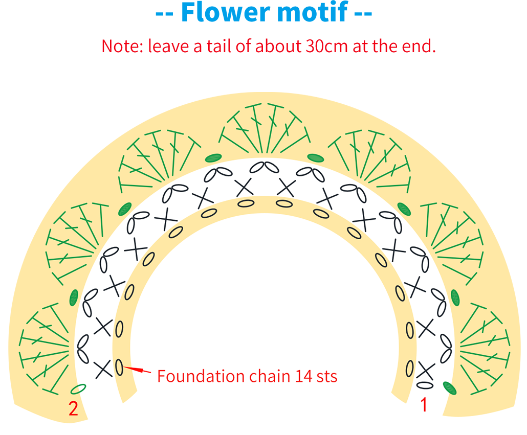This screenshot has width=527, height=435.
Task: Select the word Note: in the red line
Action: [x=122, y=46]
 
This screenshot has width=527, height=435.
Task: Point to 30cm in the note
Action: [x=326, y=46]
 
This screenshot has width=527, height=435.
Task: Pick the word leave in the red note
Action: [x=168, y=46]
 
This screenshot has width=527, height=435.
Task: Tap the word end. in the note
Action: [x=419, y=46]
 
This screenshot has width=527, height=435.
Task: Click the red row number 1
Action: [x=424, y=405]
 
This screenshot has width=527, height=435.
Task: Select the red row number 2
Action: [x=73, y=408]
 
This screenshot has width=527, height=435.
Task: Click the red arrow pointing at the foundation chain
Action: [x=138, y=370]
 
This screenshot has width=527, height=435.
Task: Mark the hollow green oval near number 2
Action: [x=78, y=389]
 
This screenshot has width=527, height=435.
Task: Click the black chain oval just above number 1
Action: [x=425, y=385]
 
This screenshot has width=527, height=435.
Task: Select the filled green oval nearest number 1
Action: [x=450, y=388]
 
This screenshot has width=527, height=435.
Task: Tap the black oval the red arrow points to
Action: [x=119, y=367]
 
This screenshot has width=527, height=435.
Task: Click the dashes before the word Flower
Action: [x=164, y=14]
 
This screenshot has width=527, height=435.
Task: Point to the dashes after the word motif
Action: [x=363, y=14]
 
